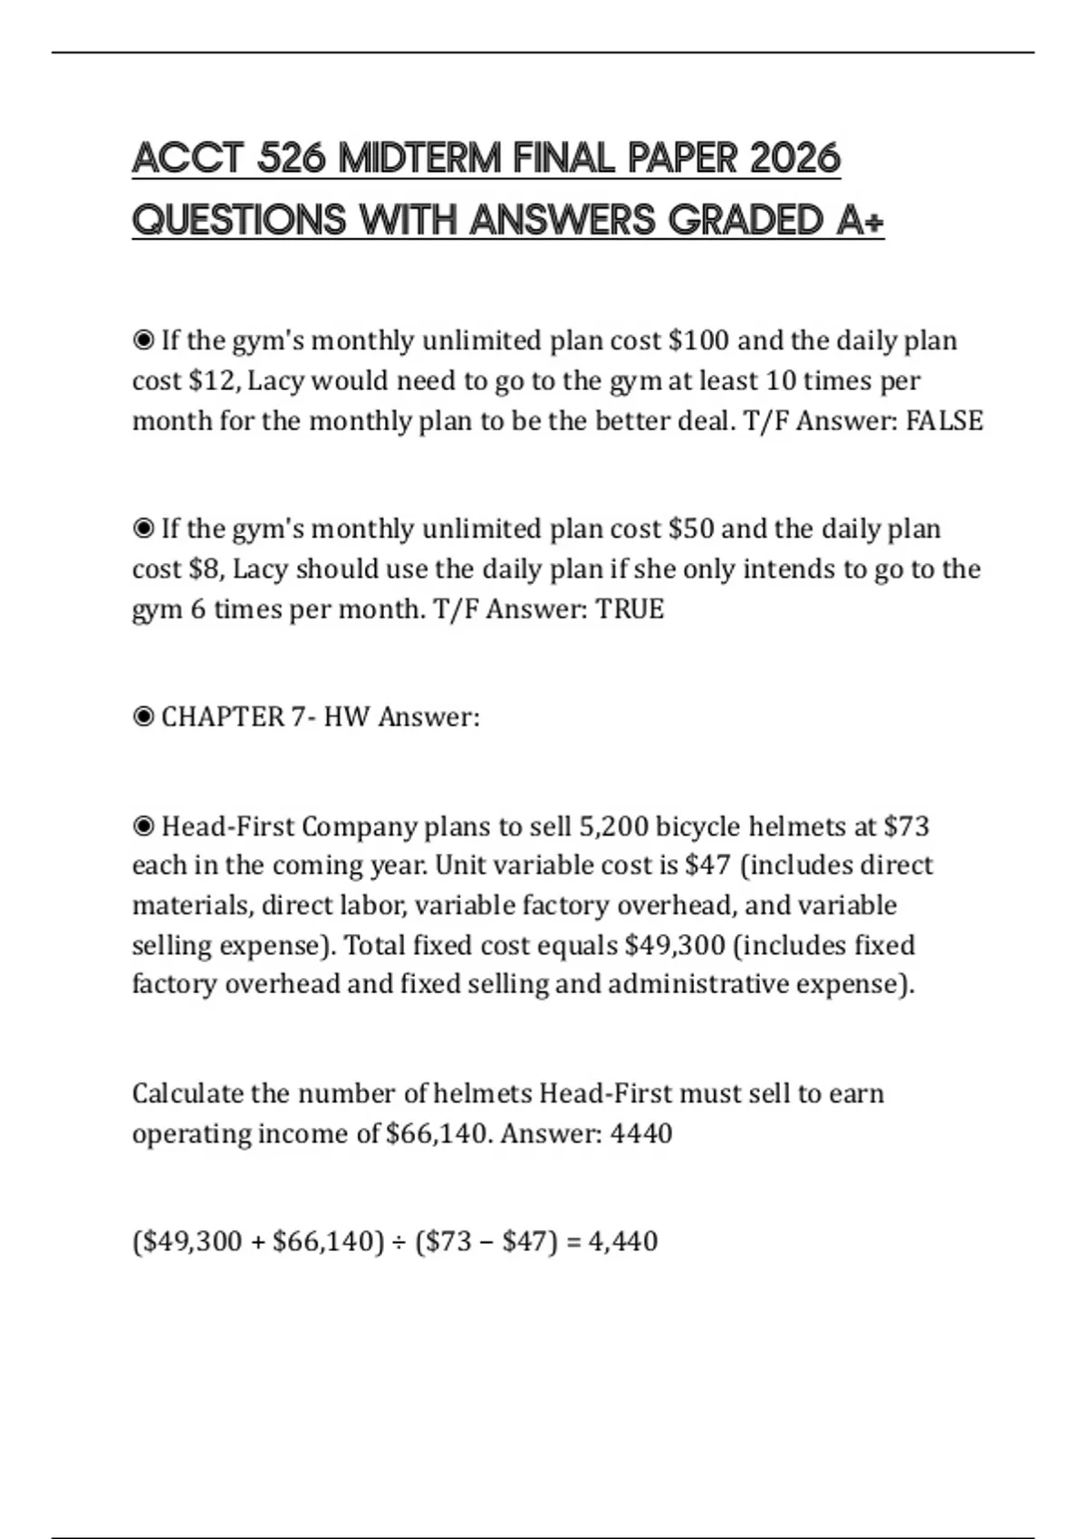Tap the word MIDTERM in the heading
tap(418, 159)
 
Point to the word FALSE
tap(944, 421)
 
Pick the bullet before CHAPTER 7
tap(143, 718)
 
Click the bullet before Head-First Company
tap(143, 827)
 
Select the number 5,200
tap(612, 827)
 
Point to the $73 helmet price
tap(906, 827)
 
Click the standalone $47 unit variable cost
tap(707, 866)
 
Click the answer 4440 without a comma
tap(641, 1133)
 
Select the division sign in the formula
tap(399, 1241)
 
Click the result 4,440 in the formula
tap(623, 1241)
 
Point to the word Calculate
tap(188, 1094)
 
